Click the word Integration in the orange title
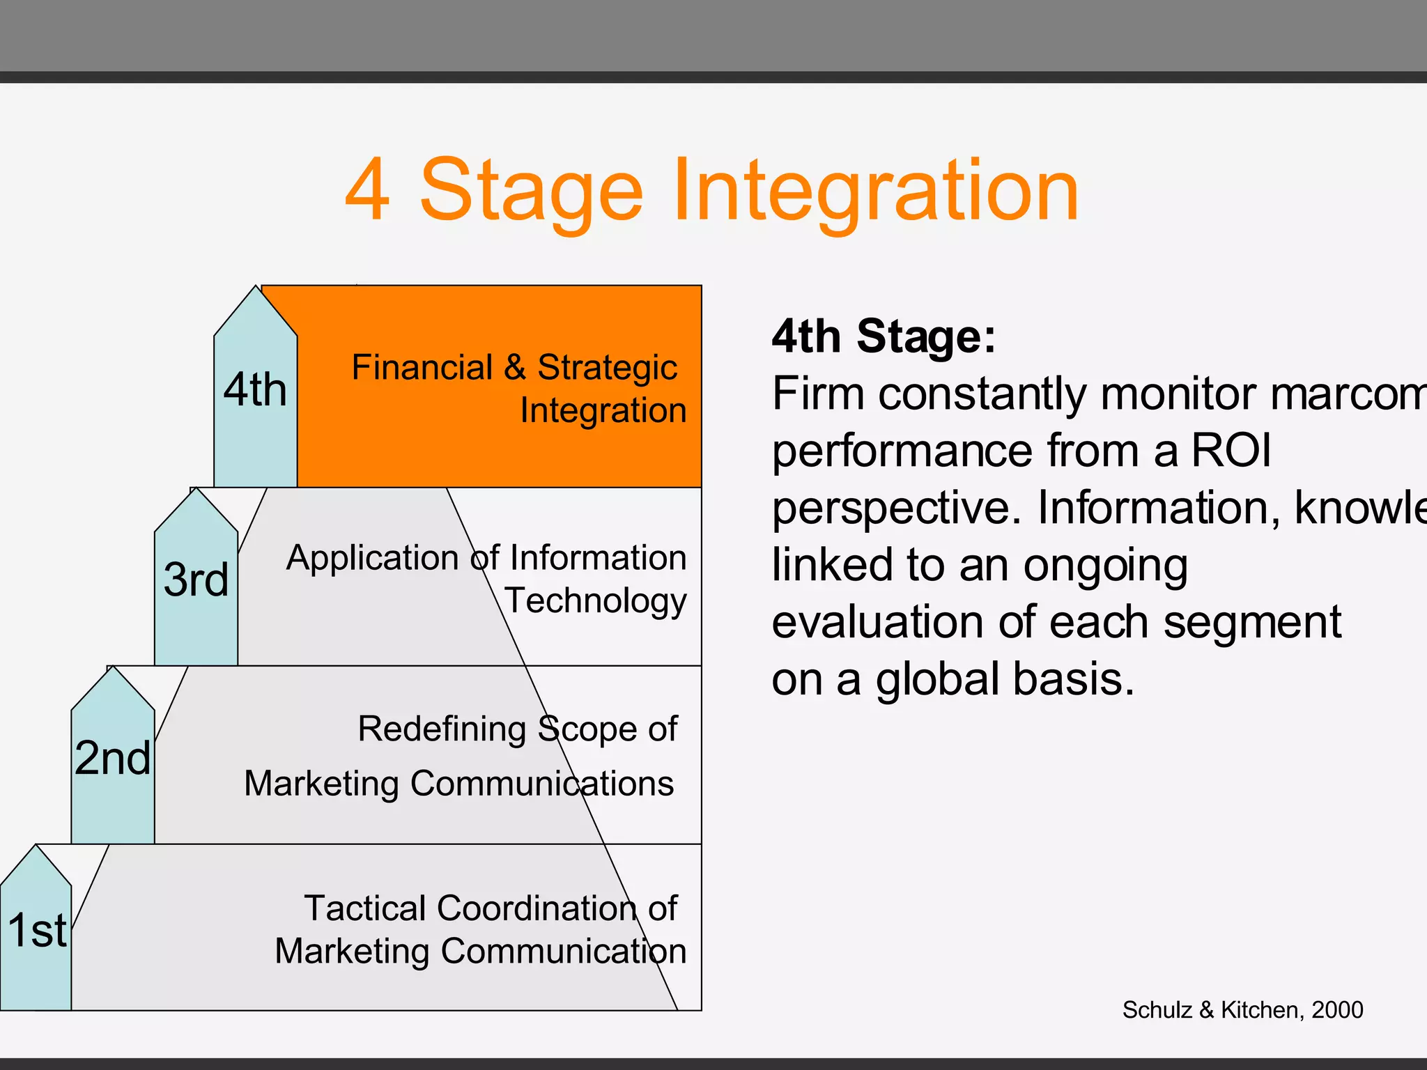(875, 189)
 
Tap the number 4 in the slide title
(367, 189)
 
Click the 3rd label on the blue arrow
(196, 580)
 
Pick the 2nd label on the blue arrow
(113, 758)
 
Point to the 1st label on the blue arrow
(38, 931)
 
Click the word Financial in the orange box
(422, 367)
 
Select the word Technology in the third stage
(596, 600)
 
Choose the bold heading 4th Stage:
(884, 336)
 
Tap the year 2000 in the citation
(1337, 1009)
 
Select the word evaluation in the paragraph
(879, 621)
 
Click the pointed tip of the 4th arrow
(256, 288)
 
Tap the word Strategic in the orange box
(607, 368)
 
